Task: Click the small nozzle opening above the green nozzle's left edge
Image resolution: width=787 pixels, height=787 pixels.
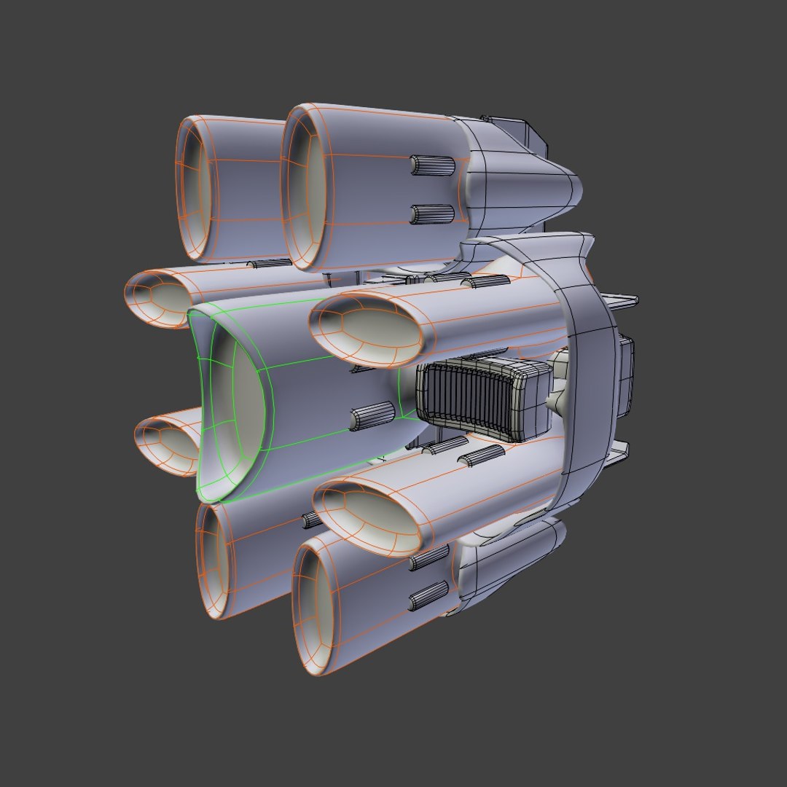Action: pos(157,299)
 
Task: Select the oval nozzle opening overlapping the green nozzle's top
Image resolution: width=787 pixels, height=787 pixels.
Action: pos(368,332)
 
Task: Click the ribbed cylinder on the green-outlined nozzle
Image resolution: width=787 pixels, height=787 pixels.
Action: pos(372,418)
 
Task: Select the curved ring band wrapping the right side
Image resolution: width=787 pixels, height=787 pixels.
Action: pos(583,364)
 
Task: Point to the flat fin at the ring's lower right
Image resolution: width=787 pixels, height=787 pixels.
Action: pos(616,455)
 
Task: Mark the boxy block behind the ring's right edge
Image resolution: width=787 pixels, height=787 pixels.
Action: pos(624,375)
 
